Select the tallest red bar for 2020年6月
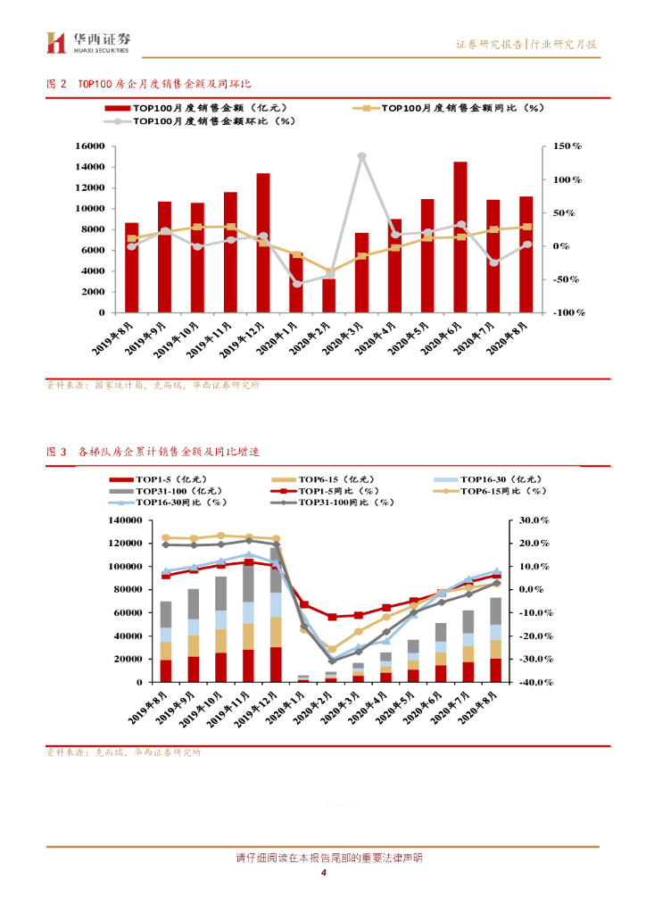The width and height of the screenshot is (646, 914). coord(460,237)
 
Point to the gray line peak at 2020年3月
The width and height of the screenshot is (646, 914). coord(361,156)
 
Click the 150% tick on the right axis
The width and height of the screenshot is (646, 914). coord(567,145)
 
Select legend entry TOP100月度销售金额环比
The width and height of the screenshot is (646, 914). coord(212,121)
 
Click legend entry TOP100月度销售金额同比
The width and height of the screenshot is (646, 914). coord(461,108)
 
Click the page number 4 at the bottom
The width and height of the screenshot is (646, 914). coord(323,874)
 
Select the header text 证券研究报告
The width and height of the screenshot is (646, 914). coord(489,44)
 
